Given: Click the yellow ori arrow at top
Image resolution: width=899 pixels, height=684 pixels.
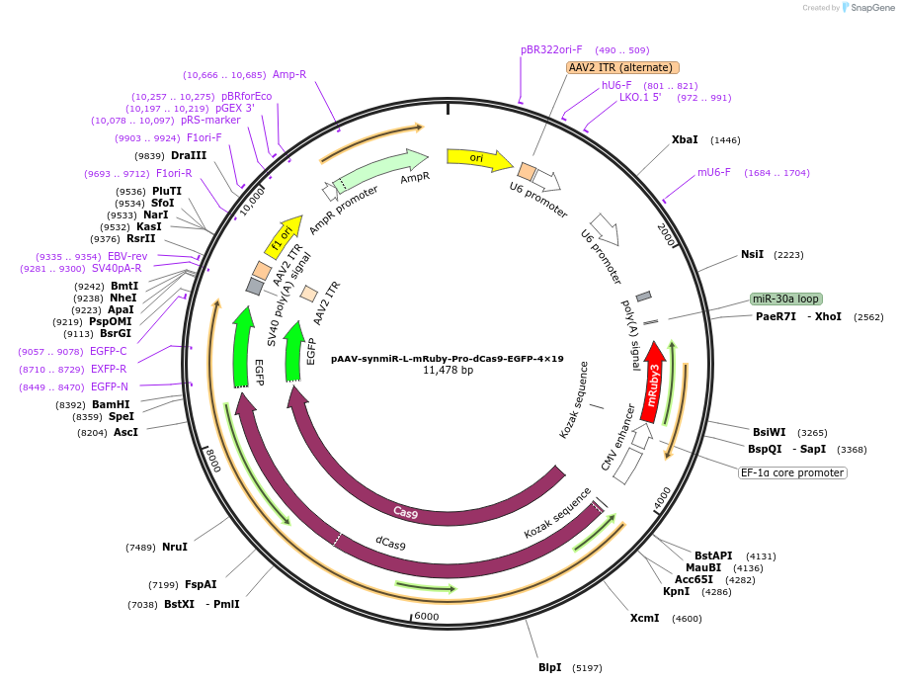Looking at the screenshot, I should (x=478, y=158).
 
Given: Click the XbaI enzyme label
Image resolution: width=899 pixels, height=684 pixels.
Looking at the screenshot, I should (x=685, y=140).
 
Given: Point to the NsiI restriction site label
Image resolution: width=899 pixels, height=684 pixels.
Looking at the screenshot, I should (x=752, y=254).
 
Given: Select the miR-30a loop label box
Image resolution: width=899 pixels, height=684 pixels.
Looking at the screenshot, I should (x=785, y=299).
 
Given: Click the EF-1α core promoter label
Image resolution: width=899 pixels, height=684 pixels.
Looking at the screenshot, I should (x=793, y=472).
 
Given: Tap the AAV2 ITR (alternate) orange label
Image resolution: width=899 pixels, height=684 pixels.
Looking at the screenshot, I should (x=622, y=67).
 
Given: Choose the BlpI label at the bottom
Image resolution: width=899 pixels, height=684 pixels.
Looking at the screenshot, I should (x=549, y=667).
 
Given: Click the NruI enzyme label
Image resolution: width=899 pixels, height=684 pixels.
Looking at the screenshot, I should (x=175, y=547).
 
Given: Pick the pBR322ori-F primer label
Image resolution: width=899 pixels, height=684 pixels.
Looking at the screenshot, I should (x=551, y=49).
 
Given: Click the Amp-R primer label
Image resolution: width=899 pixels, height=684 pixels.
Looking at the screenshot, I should (x=289, y=74).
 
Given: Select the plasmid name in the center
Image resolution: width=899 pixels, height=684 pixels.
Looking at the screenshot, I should (x=447, y=359).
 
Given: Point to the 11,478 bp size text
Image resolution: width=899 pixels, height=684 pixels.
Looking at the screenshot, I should (x=448, y=371).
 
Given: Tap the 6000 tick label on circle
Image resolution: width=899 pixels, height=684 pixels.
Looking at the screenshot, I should (x=426, y=616).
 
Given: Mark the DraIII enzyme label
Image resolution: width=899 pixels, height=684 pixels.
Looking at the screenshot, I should (x=189, y=156).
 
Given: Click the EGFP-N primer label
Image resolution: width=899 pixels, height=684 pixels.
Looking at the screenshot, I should (x=109, y=386).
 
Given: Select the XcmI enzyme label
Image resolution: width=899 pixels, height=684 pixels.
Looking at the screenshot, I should (x=644, y=618).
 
